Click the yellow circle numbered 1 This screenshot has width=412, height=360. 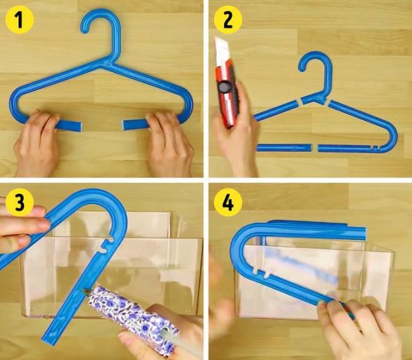click(x=19, y=19)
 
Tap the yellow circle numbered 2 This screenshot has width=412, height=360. click(x=228, y=19)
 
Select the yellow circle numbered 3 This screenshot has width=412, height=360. click(x=19, y=203)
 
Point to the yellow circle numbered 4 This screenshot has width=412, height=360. click(x=228, y=203)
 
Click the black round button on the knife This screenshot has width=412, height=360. click(x=224, y=87)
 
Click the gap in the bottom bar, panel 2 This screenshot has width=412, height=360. click(x=315, y=148)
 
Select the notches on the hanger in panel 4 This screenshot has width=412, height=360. click(x=261, y=273)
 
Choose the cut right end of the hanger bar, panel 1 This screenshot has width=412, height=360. click(x=124, y=125)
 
